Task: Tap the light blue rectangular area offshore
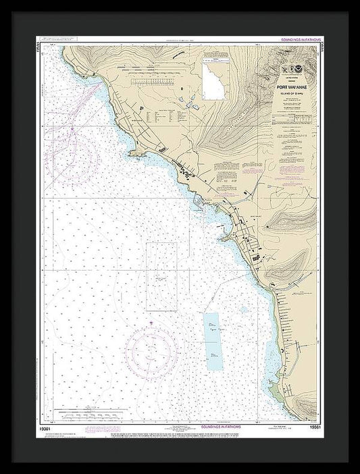click(215, 341)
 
